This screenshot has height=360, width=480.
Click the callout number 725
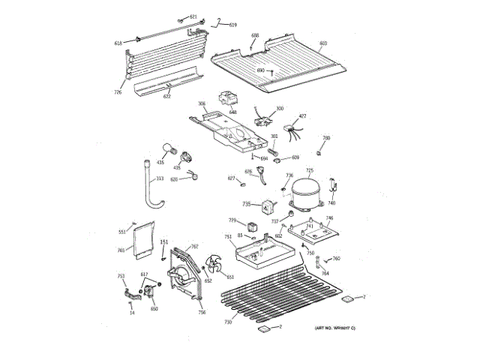coord(309,171)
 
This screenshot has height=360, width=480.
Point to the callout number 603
coord(323,43)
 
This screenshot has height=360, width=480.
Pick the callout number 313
coord(159,178)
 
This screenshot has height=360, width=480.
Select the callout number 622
coord(166,96)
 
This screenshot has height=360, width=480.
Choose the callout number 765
coord(121,250)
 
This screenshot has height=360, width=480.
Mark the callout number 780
coord(326,138)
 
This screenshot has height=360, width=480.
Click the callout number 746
coord(328,218)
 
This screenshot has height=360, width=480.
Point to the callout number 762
coord(194,247)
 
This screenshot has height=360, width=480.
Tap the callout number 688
coord(255,35)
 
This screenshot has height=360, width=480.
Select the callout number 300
coord(280,109)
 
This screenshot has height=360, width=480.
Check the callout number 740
coord(331,202)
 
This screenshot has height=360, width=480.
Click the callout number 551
coord(121,232)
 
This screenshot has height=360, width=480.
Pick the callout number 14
coord(132,312)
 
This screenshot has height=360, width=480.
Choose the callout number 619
coord(232,25)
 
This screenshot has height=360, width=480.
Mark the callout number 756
coord(202,312)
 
